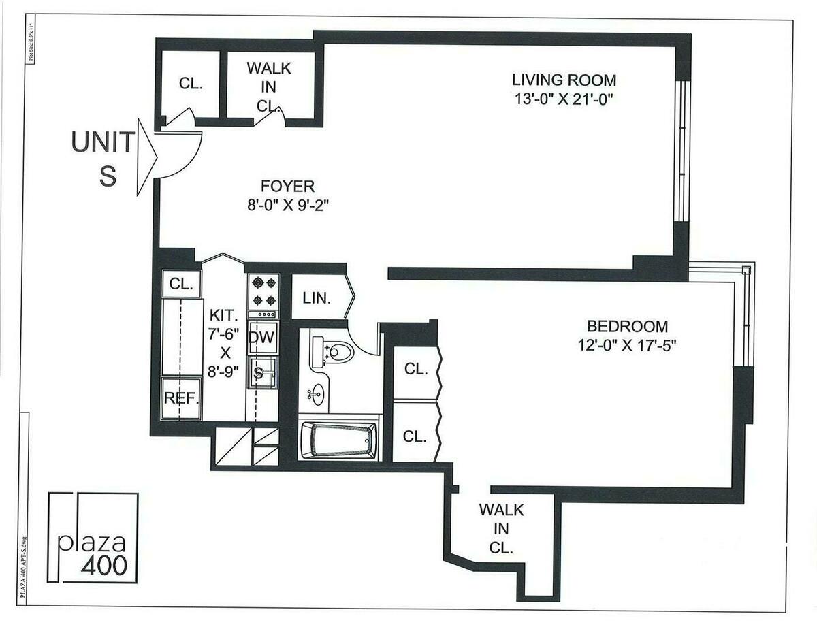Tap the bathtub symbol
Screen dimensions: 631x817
click(338, 440)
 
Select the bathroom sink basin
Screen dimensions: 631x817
click(317, 393)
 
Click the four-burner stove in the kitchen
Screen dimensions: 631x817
click(262, 291)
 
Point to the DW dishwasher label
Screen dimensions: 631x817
click(261, 337)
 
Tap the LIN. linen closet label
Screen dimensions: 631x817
click(317, 298)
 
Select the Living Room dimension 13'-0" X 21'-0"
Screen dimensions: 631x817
click(564, 99)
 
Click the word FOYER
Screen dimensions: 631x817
click(287, 185)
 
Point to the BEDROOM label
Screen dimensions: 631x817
click(628, 327)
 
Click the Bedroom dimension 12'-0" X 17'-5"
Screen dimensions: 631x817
click(627, 345)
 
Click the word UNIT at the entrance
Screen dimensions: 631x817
click(103, 144)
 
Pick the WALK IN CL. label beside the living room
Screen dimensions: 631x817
click(268, 86)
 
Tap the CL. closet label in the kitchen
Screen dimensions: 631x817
click(181, 282)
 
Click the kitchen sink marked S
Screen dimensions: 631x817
click(259, 372)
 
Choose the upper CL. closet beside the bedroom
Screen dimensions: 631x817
click(415, 370)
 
